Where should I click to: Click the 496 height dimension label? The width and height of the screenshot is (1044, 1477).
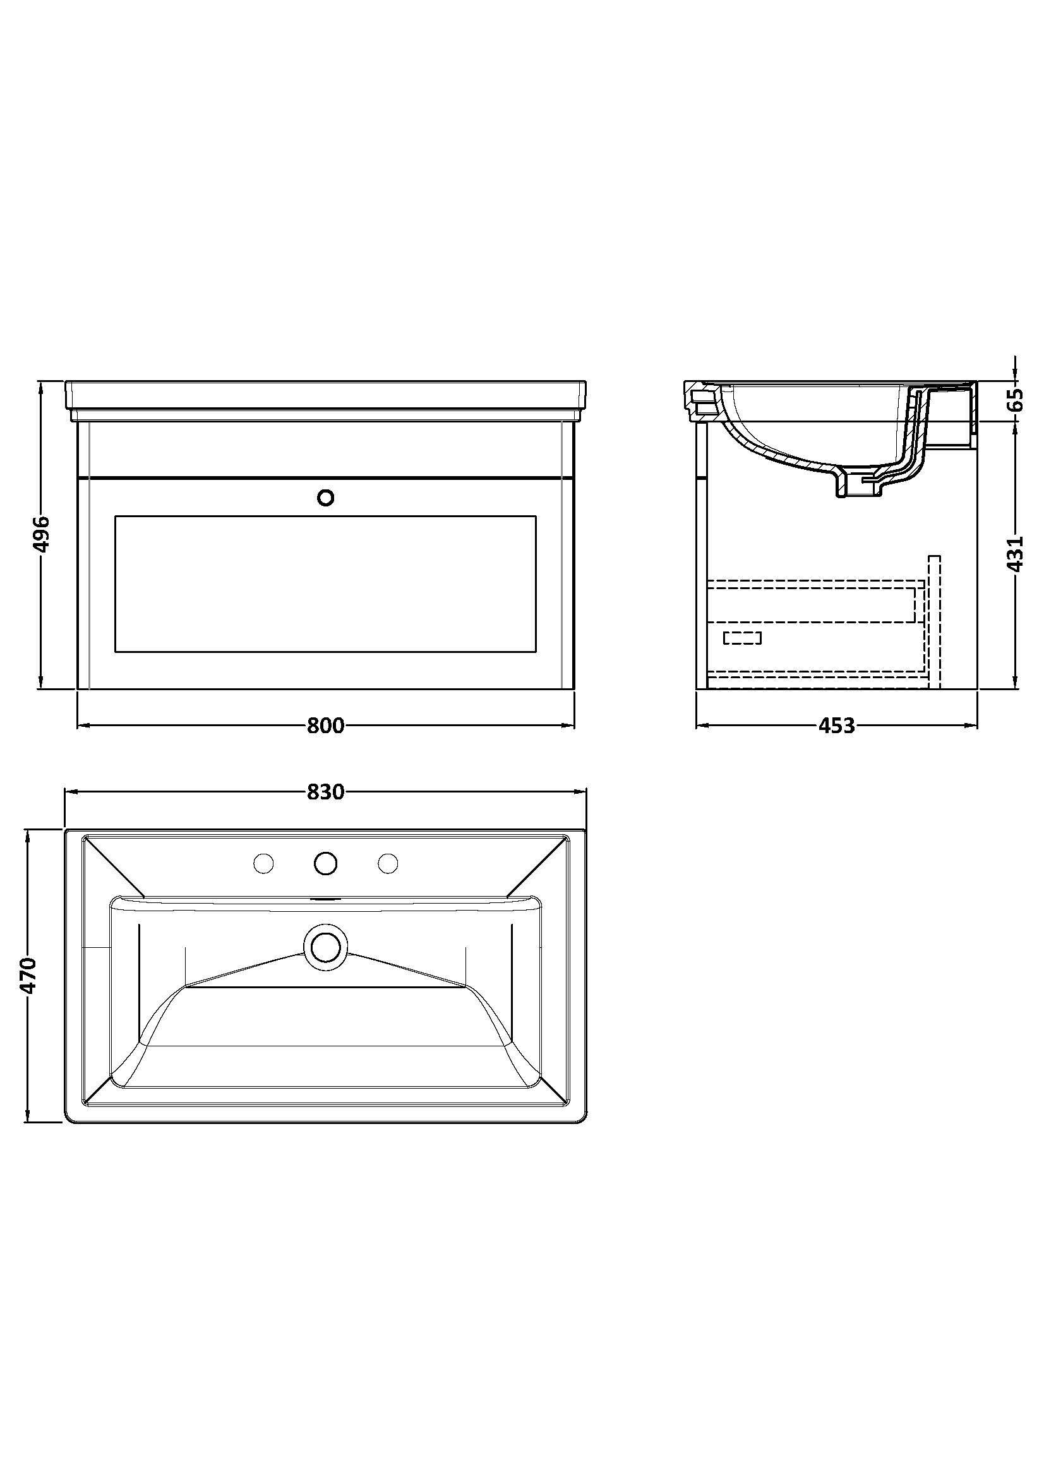click(x=41, y=534)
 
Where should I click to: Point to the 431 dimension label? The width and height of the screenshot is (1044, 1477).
click(x=1014, y=553)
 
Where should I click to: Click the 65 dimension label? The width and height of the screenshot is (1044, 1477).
click(x=1014, y=401)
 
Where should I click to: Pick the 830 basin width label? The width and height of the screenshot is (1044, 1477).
click(x=325, y=792)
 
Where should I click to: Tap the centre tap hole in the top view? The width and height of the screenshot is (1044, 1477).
click(x=326, y=863)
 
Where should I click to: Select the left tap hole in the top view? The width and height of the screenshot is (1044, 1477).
click(x=264, y=863)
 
